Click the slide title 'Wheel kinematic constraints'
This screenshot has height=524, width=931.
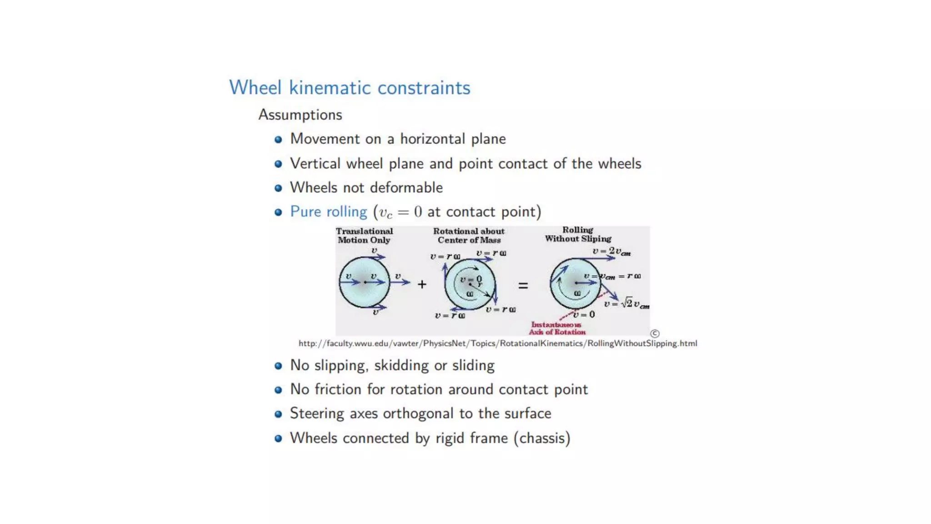click(x=350, y=88)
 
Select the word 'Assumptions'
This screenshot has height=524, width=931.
click(x=300, y=115)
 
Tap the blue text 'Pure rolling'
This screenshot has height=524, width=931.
click(x=328, y=212)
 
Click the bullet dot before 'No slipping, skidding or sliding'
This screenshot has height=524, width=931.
click(x=278, y=366)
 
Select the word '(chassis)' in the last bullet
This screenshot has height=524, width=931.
click(x=542, y=438)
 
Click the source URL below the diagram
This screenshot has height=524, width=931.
click(x=497, y=343)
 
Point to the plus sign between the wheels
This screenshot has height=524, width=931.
click(x=422, y=285)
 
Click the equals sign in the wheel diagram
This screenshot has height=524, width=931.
click(x=523, y=286)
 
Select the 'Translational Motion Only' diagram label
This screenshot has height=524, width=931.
click(x=364, y=236)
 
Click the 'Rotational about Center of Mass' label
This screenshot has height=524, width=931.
click(x=469, y=236)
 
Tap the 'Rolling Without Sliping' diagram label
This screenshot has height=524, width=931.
click(x=578, y=234)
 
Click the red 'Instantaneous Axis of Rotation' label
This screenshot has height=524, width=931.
click(x=557, y=328)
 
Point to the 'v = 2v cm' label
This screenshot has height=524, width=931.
click(x=611, y=252)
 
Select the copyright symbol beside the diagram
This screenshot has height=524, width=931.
click(x=655, y=333)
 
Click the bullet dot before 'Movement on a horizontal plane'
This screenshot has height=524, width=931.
click(x=278, y=139)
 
